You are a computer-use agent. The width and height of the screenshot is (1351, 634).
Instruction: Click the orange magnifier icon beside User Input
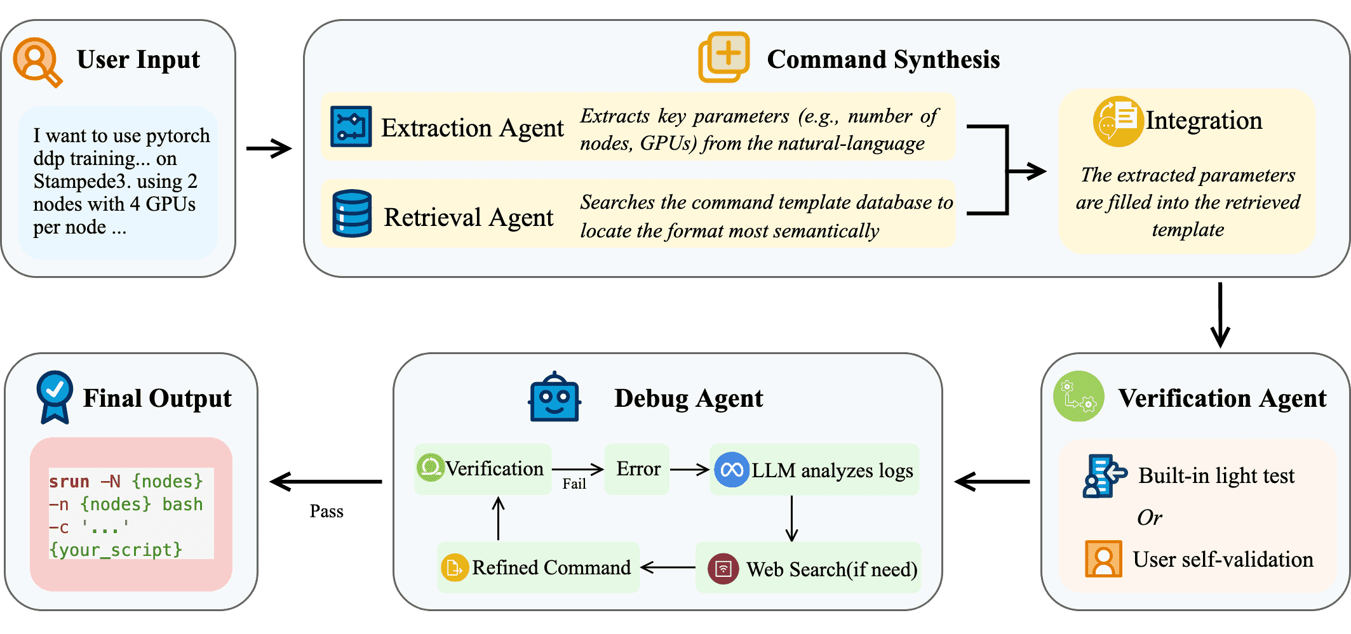click(37, 62)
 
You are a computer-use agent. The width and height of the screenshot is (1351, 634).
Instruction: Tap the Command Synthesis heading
click(883, 60)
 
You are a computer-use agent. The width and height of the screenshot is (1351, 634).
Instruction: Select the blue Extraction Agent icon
click(351, 127)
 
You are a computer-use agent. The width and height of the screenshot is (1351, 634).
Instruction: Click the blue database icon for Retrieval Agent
click(352, 214)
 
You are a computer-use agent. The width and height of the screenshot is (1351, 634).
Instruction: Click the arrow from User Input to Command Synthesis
click(269, 149)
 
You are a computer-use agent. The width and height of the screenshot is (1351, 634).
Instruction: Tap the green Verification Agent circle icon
click(1079, 397)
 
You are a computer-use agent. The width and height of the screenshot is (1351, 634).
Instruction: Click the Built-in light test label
click(1216, 475)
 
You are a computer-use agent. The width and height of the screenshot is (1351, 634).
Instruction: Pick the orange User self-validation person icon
click(1103, 558)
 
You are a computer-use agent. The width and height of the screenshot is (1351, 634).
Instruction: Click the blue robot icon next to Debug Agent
click(555, 398)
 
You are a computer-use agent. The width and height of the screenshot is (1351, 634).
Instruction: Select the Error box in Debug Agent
click(637, 469)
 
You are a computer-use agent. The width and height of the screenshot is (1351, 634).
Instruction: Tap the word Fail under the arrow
click(574, 484)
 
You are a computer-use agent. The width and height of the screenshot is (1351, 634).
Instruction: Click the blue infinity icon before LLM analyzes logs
click(732, 470)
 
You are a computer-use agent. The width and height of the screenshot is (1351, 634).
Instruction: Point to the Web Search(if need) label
click(831, 569)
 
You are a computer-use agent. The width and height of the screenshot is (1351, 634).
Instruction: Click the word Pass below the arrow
click(326, 512)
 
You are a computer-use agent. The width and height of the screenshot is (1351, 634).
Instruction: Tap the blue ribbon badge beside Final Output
click(55, 397)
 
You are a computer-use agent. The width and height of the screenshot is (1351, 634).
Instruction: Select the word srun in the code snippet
click(69, 482)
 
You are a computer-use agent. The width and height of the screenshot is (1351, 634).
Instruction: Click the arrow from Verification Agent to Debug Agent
click(992, 482)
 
